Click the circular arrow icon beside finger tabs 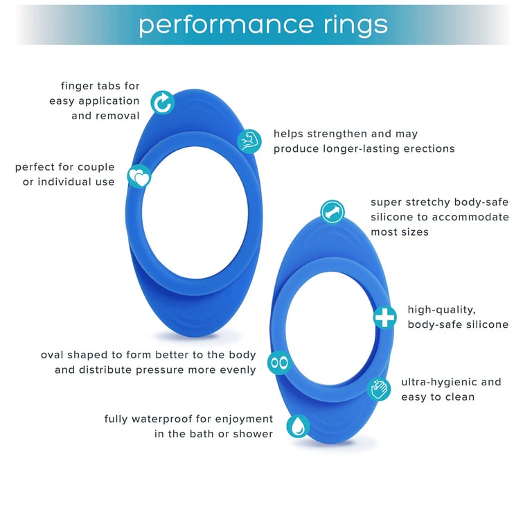[163, 103]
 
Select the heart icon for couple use [139, 177]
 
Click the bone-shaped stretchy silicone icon [332, 211]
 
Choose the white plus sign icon [384, 317]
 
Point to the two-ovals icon [279, 362]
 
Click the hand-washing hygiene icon [380, 389]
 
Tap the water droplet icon [298, 426]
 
